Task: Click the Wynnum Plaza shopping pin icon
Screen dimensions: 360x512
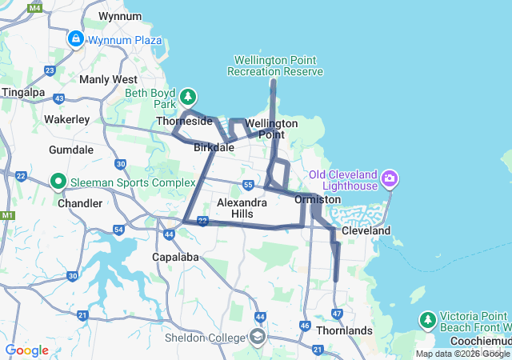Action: coord(76,38)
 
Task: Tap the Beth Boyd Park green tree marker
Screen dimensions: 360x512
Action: coord(188,97)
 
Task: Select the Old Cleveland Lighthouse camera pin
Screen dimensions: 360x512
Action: coord(390,177)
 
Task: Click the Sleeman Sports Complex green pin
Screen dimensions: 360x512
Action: coord(58,182)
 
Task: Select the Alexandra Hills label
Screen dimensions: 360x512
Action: coord(242,208)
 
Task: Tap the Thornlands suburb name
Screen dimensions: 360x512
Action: coord(344,330)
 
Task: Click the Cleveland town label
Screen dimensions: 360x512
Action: coord(366,230)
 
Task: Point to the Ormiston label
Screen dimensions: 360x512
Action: coord(318,199)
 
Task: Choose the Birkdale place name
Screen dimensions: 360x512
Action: coord(214,147)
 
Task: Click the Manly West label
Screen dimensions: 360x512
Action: coord(109,79)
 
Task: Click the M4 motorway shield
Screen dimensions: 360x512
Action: coord(34,7)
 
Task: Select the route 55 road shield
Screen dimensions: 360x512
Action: coord(249,185)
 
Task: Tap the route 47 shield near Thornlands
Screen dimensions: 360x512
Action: coord(337,313)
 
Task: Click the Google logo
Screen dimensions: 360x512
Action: coord(27,350)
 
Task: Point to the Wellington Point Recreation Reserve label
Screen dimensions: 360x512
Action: coord(275,66)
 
